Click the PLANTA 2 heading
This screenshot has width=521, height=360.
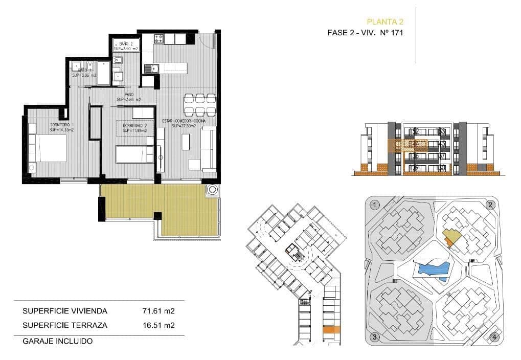[386, 21]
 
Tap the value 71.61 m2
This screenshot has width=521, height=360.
[158, 310]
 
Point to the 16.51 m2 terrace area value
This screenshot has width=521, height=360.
[158, 325]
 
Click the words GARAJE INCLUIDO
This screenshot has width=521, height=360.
[57, 341]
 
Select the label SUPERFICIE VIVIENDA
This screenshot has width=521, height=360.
[65, 310]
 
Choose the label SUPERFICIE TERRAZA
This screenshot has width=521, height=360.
[64, 325]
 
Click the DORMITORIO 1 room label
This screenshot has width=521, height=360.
[62, 125]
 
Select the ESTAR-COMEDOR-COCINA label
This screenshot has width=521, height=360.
[184, 121]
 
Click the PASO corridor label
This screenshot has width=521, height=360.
[129, 95]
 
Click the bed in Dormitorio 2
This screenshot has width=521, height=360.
[134, 154]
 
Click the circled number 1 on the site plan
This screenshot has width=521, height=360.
[375, 205]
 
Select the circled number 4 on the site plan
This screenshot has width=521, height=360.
[493, 337]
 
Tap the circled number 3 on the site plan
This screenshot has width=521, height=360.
[375, 337]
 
